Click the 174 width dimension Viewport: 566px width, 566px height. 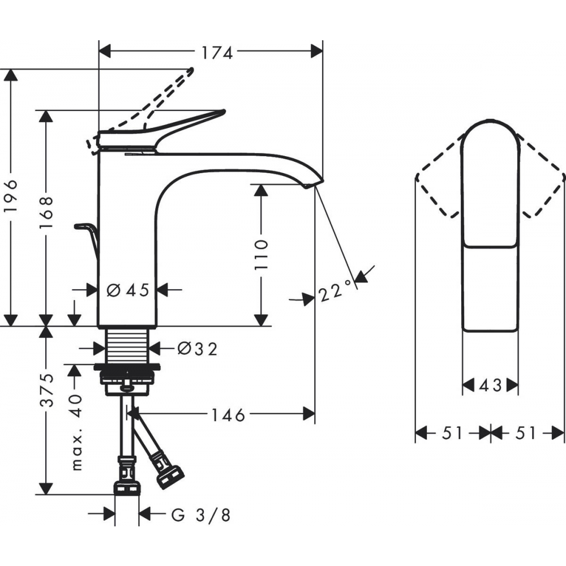pos(217,53)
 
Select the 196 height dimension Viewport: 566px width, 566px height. pos(11,200)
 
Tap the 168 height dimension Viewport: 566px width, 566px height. pos(46,212)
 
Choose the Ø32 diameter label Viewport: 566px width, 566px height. pos(198,349)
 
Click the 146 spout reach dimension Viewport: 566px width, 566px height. pos(228,415)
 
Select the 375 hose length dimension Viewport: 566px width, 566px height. pos(46,390)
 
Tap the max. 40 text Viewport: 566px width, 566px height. pos(76,432)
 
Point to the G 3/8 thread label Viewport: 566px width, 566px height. pos(201,515)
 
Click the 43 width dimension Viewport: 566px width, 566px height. pos(490,385)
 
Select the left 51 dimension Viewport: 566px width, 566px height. pos(452,433)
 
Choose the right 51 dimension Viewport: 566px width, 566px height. pos(525,433)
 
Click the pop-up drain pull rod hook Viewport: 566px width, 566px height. pos(87,238)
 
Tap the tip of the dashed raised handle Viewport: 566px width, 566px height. pos(191,69)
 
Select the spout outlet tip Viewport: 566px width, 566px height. pos(314,183)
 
